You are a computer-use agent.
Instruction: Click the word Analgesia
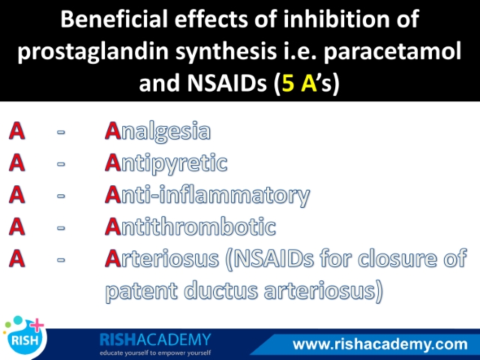coord(157,132)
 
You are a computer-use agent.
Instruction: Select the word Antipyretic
coord(166,163)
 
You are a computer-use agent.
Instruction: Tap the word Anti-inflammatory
coord(208,196)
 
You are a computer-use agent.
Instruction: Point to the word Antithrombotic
coord(190,226)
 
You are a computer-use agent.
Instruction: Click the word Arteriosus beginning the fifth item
coord(162,259)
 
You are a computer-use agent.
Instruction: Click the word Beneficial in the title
coord(114,19)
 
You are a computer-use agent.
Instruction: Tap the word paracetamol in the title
coord(393,51)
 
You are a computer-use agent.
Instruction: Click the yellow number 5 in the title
coord(288,83)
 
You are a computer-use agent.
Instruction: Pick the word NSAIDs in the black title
coord(226,83)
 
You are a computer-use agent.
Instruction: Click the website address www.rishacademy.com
coord(380,344)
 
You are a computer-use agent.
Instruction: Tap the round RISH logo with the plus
coord(25,337)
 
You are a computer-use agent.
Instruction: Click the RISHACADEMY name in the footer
coord(155,340)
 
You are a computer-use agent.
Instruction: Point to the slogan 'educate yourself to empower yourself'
coord(155,353)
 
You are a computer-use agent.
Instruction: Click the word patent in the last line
coord(142,291)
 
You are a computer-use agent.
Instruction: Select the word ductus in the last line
coord(221,290)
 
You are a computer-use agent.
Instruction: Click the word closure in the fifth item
coord(397,259)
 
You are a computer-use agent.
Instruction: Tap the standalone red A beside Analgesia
coord(16,130)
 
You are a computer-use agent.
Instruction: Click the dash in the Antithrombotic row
coord(61,228)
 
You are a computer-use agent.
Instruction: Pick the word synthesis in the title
coord(226,52)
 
